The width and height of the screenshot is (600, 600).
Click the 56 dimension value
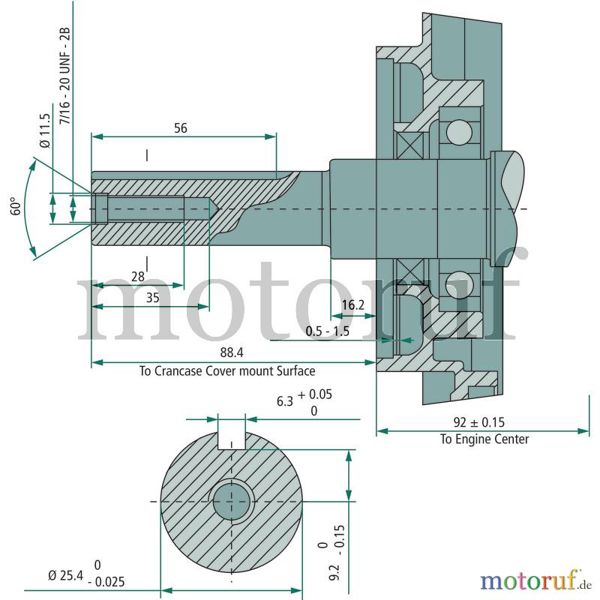(181, 128)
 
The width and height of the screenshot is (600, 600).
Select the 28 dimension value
(138, 277)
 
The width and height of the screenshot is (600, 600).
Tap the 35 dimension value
(153, 298)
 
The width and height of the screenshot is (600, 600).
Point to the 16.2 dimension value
(353, 305)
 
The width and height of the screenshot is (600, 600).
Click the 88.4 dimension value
(232, 352)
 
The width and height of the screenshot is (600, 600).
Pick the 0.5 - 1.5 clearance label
(328, 331)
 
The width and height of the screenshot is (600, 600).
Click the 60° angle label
(16, 206)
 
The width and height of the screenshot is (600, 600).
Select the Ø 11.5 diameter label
(45, 130)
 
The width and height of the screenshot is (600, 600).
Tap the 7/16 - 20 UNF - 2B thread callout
(65, 76)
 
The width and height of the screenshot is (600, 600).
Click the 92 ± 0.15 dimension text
(479, 422)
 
